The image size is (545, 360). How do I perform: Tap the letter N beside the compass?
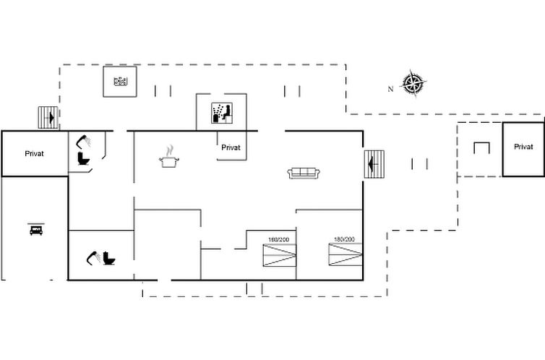[390, 89]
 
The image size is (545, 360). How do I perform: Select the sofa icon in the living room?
[304, 173]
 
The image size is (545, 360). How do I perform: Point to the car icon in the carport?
[35, 229]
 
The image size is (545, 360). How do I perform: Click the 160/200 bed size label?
[278, 239]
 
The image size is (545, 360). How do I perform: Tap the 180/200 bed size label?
[344, 239]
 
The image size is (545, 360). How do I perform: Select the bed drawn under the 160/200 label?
[279, 255]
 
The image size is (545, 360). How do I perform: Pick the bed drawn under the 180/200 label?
[345, 255]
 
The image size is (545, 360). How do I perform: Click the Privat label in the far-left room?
[35, 153]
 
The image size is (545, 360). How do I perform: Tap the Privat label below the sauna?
[231, 147]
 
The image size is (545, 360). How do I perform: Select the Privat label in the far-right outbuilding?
[523, 147]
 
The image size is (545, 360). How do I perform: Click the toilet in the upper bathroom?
[83, 159]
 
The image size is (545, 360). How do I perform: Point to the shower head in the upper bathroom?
[84, 140]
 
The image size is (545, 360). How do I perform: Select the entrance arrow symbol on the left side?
[48, 117]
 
